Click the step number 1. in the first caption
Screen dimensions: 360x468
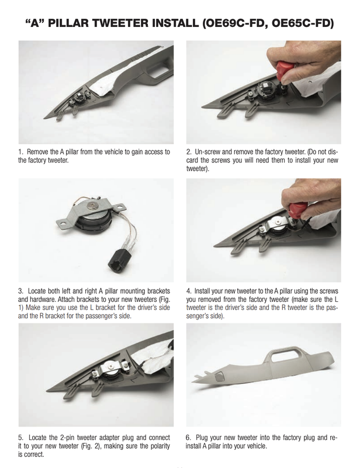pyautogui.click(x=20, y=152)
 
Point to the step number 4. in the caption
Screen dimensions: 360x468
pyautogui.click(x=189, y=291)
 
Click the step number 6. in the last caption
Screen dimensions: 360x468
pyautogui.click(x=189, y=438)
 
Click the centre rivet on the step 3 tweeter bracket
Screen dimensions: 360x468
pyautogui.click(x=91, y=205)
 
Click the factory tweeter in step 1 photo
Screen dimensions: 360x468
pyautogui.click(x=79, y=98)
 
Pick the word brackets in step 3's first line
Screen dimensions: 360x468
pyautogui.click(x=158, y=291)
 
